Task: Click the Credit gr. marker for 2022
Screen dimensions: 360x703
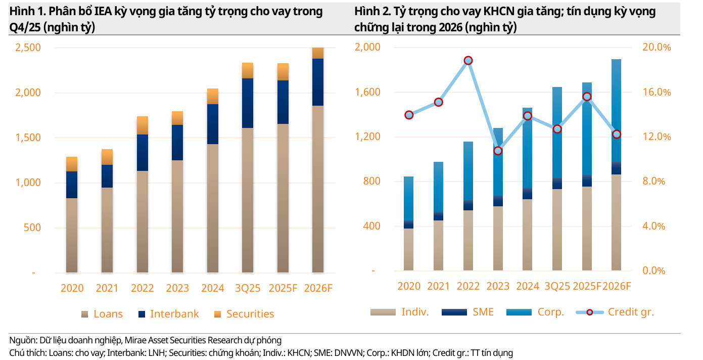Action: [468, 61]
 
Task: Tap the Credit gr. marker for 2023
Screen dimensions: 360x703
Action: [498, 151]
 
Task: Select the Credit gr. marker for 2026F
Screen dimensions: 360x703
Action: [616, 134]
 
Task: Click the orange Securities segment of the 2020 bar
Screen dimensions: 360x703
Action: [72, 164]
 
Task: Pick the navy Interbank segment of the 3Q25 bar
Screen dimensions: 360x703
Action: [248, 103]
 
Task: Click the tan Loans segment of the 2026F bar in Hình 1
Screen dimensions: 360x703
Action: [318, 189]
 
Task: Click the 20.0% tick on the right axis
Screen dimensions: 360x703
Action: [657, 48]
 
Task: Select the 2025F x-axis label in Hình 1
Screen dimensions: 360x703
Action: [283, 288]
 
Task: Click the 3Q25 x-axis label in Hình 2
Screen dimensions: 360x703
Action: [556, 286]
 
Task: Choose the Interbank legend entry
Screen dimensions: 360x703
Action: [168, 314]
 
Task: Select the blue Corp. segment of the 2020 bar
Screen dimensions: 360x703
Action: [409, 199]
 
